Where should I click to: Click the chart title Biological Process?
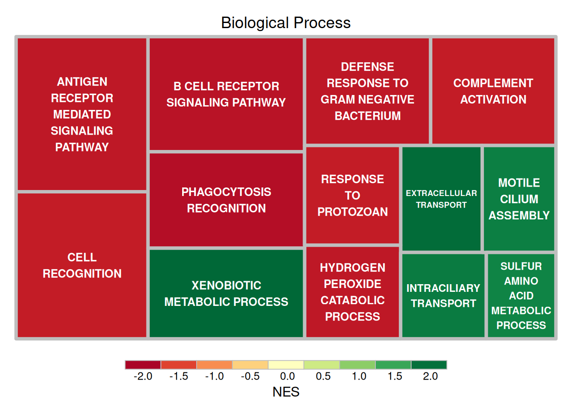click(x=286, y=23)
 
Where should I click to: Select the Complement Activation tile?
click(x=493, y=91)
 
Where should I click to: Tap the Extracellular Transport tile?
click(x=441, y=199)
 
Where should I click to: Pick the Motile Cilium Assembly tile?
click(x=519, y=199)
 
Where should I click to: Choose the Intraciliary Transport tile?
click(x=443, y=296)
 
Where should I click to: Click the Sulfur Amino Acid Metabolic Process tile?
click(x=521, y=296)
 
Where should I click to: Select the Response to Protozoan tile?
click(x=352, y=195)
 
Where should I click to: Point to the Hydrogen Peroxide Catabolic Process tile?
click(x=352, y=292)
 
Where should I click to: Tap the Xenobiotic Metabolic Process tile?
click(x=226, y=294)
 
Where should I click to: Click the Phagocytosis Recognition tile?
click(x=226, y=200)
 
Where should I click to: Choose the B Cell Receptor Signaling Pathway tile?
click(x=226, y=94)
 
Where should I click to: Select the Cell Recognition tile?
click(x=82, y=265)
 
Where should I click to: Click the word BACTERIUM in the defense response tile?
click(x=368, y=116)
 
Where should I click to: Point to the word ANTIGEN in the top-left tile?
click(x=82, y=81)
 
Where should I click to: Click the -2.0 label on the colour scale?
click(x=143, y=376)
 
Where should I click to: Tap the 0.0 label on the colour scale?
click(x=287, y=376)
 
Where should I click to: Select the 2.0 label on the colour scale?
click(x=430, y=376)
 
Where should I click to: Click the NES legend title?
click(x=286, y=392)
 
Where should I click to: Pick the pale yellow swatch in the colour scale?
click(x=286, y=365)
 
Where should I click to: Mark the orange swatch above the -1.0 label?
click(x=214, y=365)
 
